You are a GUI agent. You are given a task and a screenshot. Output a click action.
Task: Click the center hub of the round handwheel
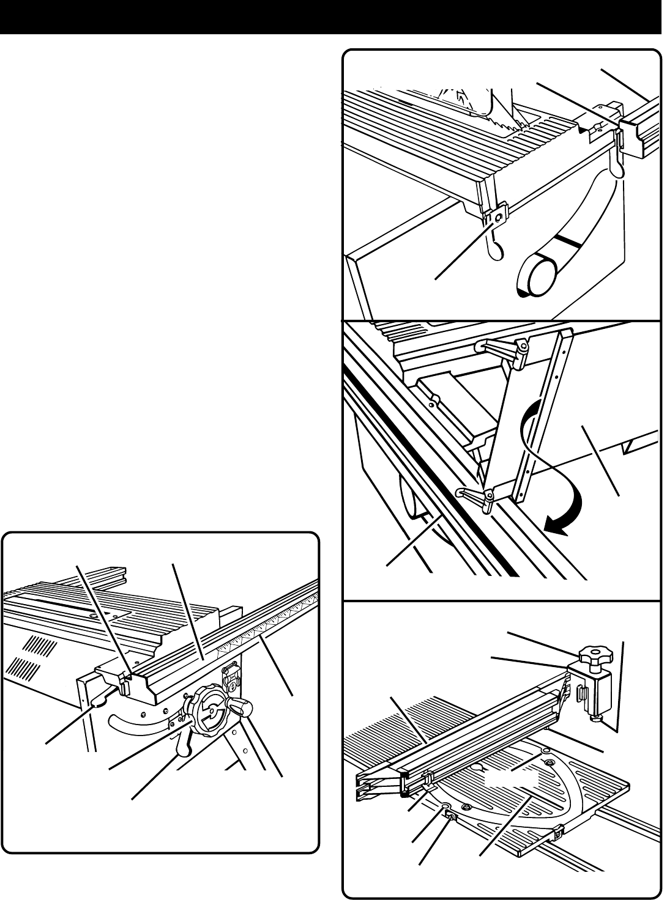[211, 710]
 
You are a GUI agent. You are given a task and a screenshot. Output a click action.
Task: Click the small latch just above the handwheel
[232, 675]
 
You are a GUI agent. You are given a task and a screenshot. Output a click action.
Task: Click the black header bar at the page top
[333, 17]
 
